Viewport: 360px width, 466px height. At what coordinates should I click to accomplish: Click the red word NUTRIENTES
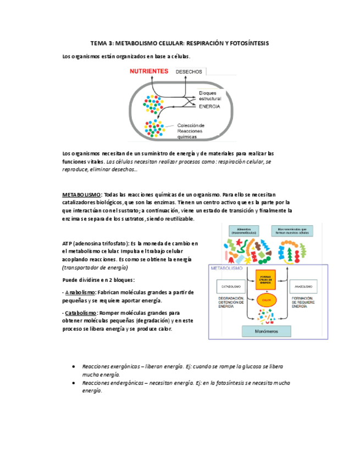[148, 71]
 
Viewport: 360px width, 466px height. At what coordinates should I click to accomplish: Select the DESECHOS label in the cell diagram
[189, 72]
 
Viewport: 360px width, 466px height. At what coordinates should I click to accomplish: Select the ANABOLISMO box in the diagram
[303, 287]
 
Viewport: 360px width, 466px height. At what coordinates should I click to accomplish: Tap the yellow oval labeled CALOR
[267, 300]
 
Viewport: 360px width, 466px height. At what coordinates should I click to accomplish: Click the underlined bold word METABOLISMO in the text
[81, 195]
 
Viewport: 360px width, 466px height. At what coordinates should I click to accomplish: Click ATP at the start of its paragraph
[68, 243]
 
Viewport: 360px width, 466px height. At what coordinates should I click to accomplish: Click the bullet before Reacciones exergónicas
[74, 366]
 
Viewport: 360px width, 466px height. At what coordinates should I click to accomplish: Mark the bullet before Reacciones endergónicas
[74, 382]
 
